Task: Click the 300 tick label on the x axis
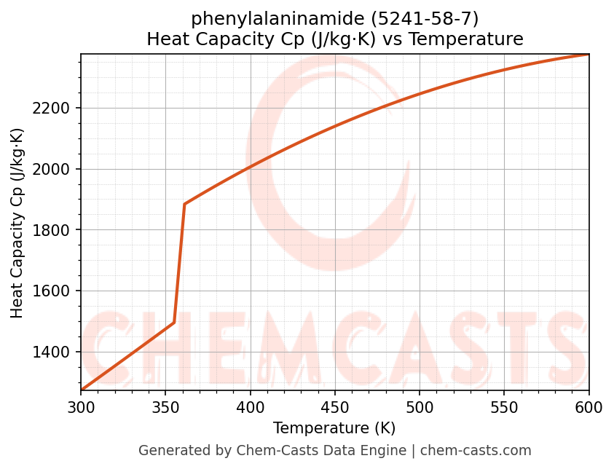coord(81,408)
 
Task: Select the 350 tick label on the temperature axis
coord(165,408)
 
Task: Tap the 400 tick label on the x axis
coord(251,408)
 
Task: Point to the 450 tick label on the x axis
coord(335,408)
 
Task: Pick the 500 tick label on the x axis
coord(420,408)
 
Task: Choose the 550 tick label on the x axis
coord(505,408)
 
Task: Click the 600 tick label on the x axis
coord(589,408)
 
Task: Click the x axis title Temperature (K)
coord(334,428)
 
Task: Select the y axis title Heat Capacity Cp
coord(17,223)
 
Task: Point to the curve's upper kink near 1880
coord(185,204)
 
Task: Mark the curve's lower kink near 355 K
coord(174,323)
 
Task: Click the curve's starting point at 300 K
coord(81,390)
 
